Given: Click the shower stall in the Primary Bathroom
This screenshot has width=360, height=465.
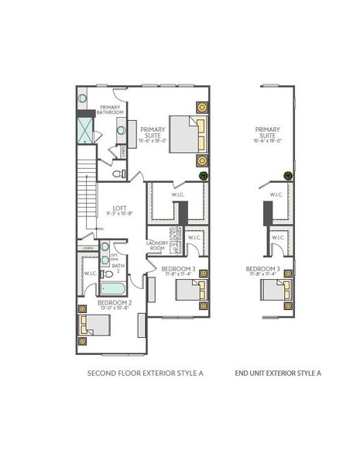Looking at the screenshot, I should click(x=84, y=131).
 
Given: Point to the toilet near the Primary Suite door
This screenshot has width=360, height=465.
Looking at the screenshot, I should click(x=118, y=174).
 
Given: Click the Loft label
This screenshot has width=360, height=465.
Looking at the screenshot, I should click(x=119, y=209).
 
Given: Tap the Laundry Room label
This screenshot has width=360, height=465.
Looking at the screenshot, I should click(x=157, y=246).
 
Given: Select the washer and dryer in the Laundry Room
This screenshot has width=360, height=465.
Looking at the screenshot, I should click(x=174, y=246).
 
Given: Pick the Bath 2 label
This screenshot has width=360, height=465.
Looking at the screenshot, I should click(x=118, y=269).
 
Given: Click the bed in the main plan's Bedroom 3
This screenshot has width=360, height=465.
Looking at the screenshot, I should click(x=190, y=290).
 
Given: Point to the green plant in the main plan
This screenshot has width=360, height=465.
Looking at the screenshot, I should click(x=204, y=176).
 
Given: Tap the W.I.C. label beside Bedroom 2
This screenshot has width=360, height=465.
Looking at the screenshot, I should click(x=89, y=273).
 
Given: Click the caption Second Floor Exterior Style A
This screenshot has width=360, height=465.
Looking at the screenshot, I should click(x=145, y=374).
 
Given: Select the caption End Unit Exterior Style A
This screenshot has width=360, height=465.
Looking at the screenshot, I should click(x=278, y=374).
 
